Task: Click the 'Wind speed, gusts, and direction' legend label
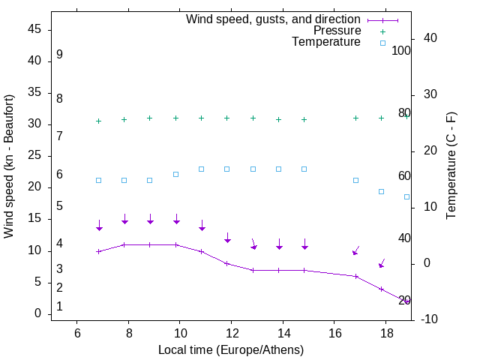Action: click(x=274, y=19)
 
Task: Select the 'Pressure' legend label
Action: click(x=337, y=31)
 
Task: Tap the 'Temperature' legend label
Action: click(x=326, y=43)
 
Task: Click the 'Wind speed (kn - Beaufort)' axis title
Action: click(x=9, y=166)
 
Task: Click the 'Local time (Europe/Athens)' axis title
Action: click(x=231, y=350)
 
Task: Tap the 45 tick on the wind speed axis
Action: click(x=34, y=29)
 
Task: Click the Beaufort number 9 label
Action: click(x=59, y=55)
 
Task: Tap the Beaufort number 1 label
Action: click(x=59, y=307)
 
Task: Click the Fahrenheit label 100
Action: click(x=402, y=50)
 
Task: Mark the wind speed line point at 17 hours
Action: click(x=355, y=276)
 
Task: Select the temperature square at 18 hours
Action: click(x=381, y=191)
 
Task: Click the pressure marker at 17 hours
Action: click(x=355, y=118)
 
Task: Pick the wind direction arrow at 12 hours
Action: click(x=227, y=237)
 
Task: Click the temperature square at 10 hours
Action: click(x=175, y=174)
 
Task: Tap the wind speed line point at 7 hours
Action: click(x=98, y=251)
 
